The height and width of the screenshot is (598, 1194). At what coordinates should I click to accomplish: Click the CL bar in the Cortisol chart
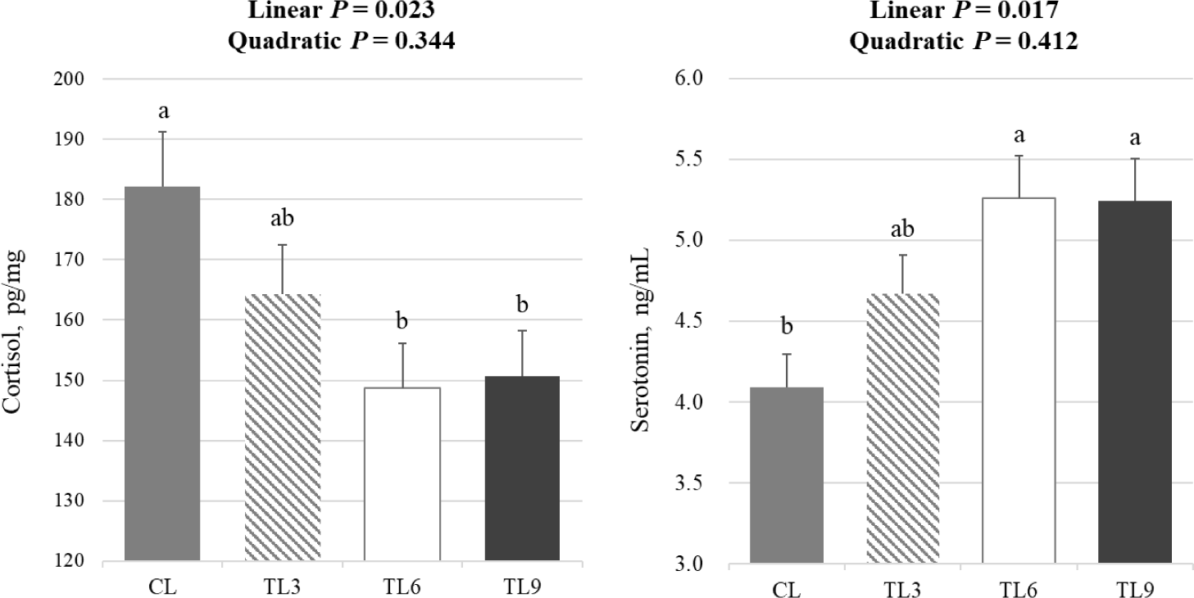(161, 373)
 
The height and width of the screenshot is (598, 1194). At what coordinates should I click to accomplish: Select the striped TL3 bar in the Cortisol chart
(282, 427)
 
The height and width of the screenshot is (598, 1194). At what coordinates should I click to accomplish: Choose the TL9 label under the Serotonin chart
(1135, 589)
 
